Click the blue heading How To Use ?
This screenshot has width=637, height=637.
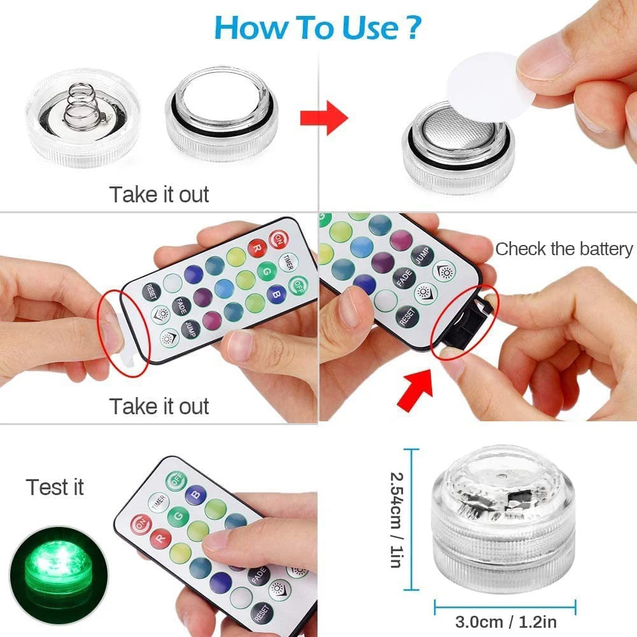click(318, 27)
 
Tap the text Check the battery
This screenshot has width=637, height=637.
click(564, 249)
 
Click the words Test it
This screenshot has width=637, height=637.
click(55, 487)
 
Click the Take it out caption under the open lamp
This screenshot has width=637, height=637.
click(159, 194)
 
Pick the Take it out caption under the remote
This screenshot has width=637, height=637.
click(159, 406)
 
